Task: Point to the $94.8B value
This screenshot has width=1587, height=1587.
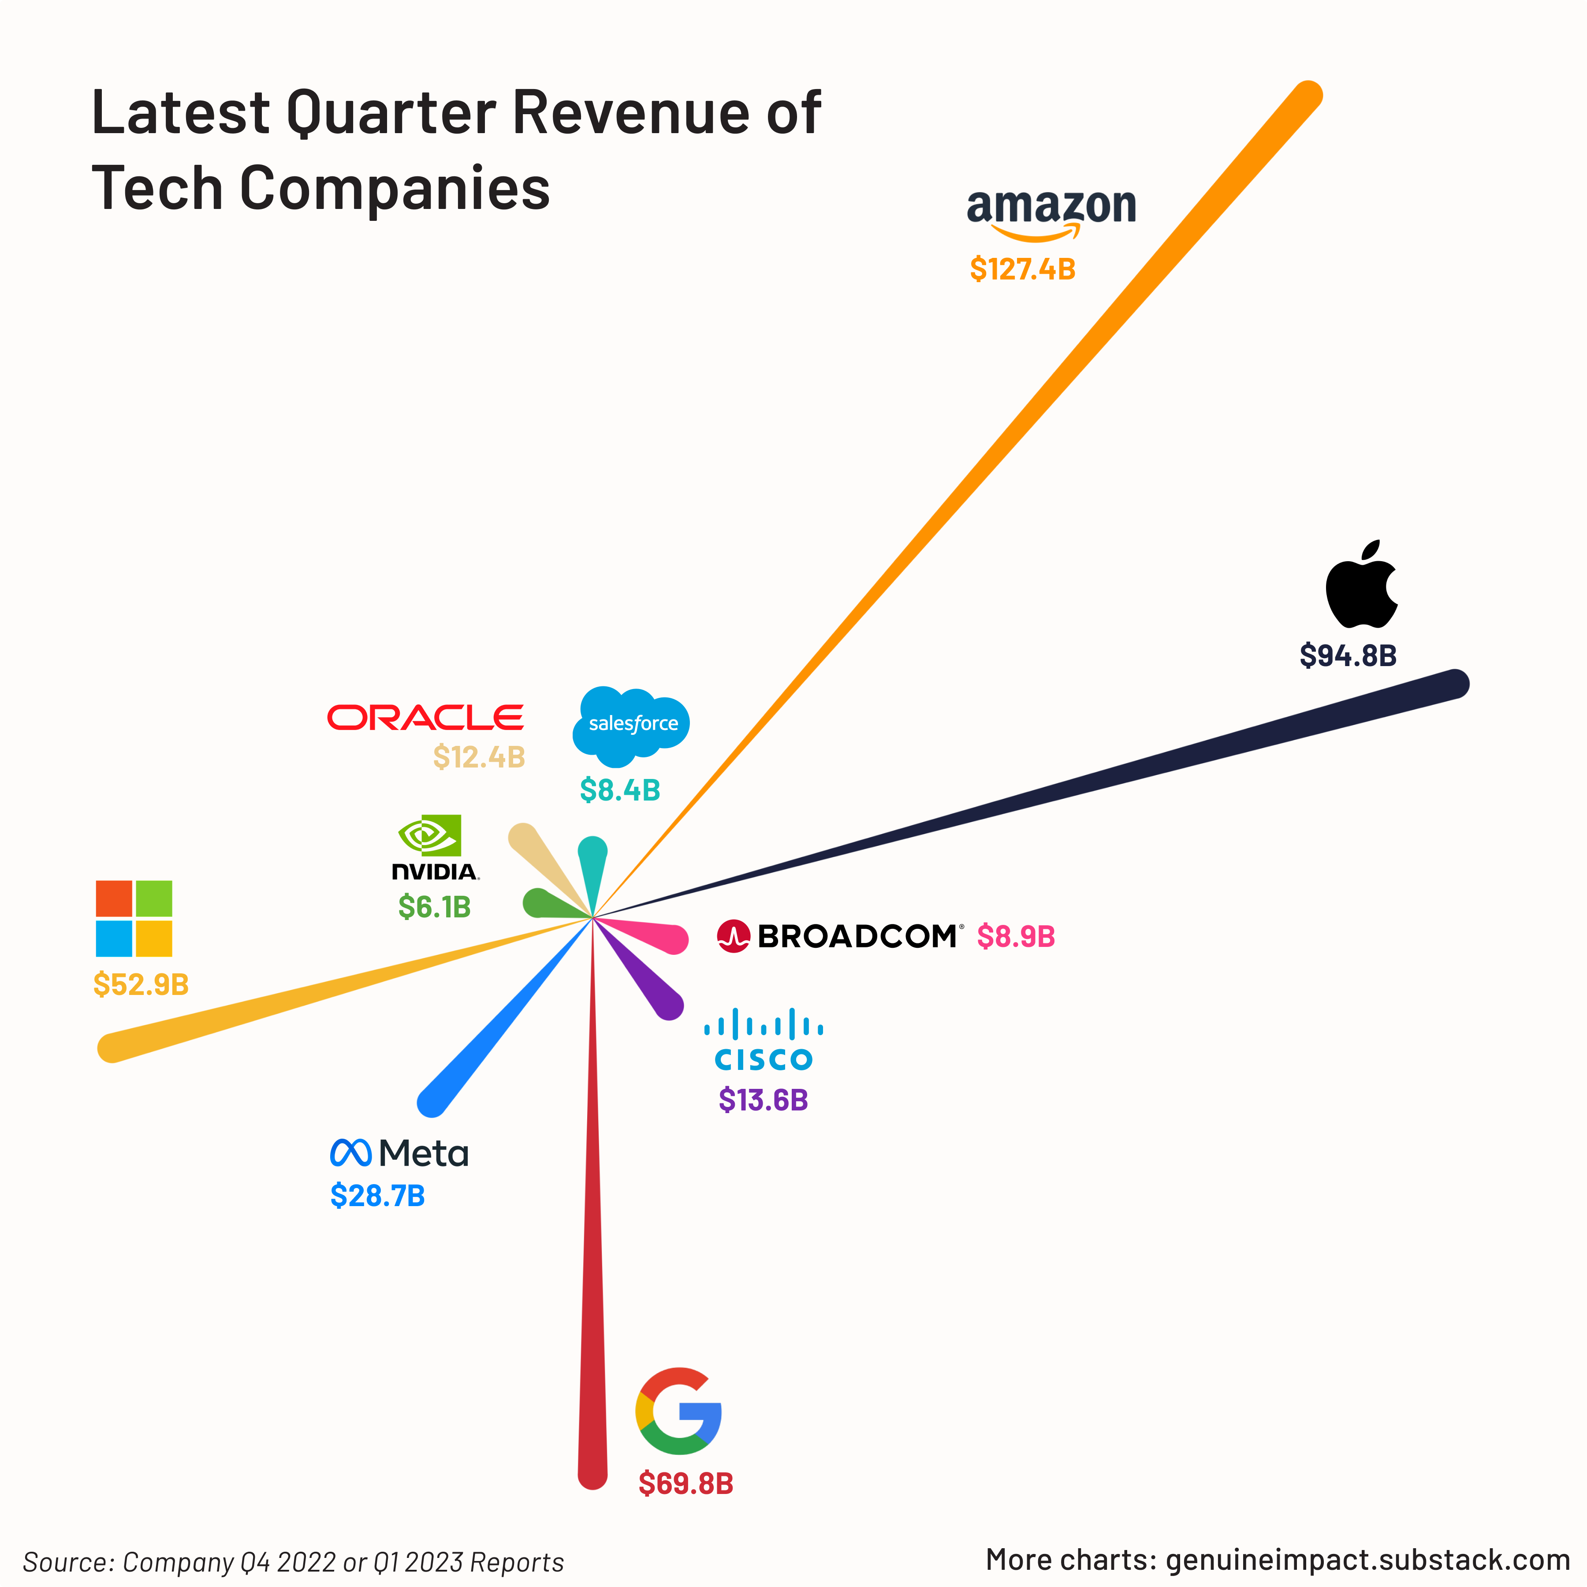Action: (1348, 656)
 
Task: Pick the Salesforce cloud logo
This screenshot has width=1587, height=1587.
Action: (631, 724)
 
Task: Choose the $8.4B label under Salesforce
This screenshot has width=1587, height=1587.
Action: (620, 790)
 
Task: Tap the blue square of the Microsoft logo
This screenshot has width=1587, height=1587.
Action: (114, 939)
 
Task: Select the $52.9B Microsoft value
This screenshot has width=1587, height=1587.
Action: (141, 984)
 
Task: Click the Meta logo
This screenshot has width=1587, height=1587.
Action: (399, 1153)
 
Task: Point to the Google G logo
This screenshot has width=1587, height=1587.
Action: (678, 1411)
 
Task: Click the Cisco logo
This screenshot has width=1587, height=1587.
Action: (763, 1040)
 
